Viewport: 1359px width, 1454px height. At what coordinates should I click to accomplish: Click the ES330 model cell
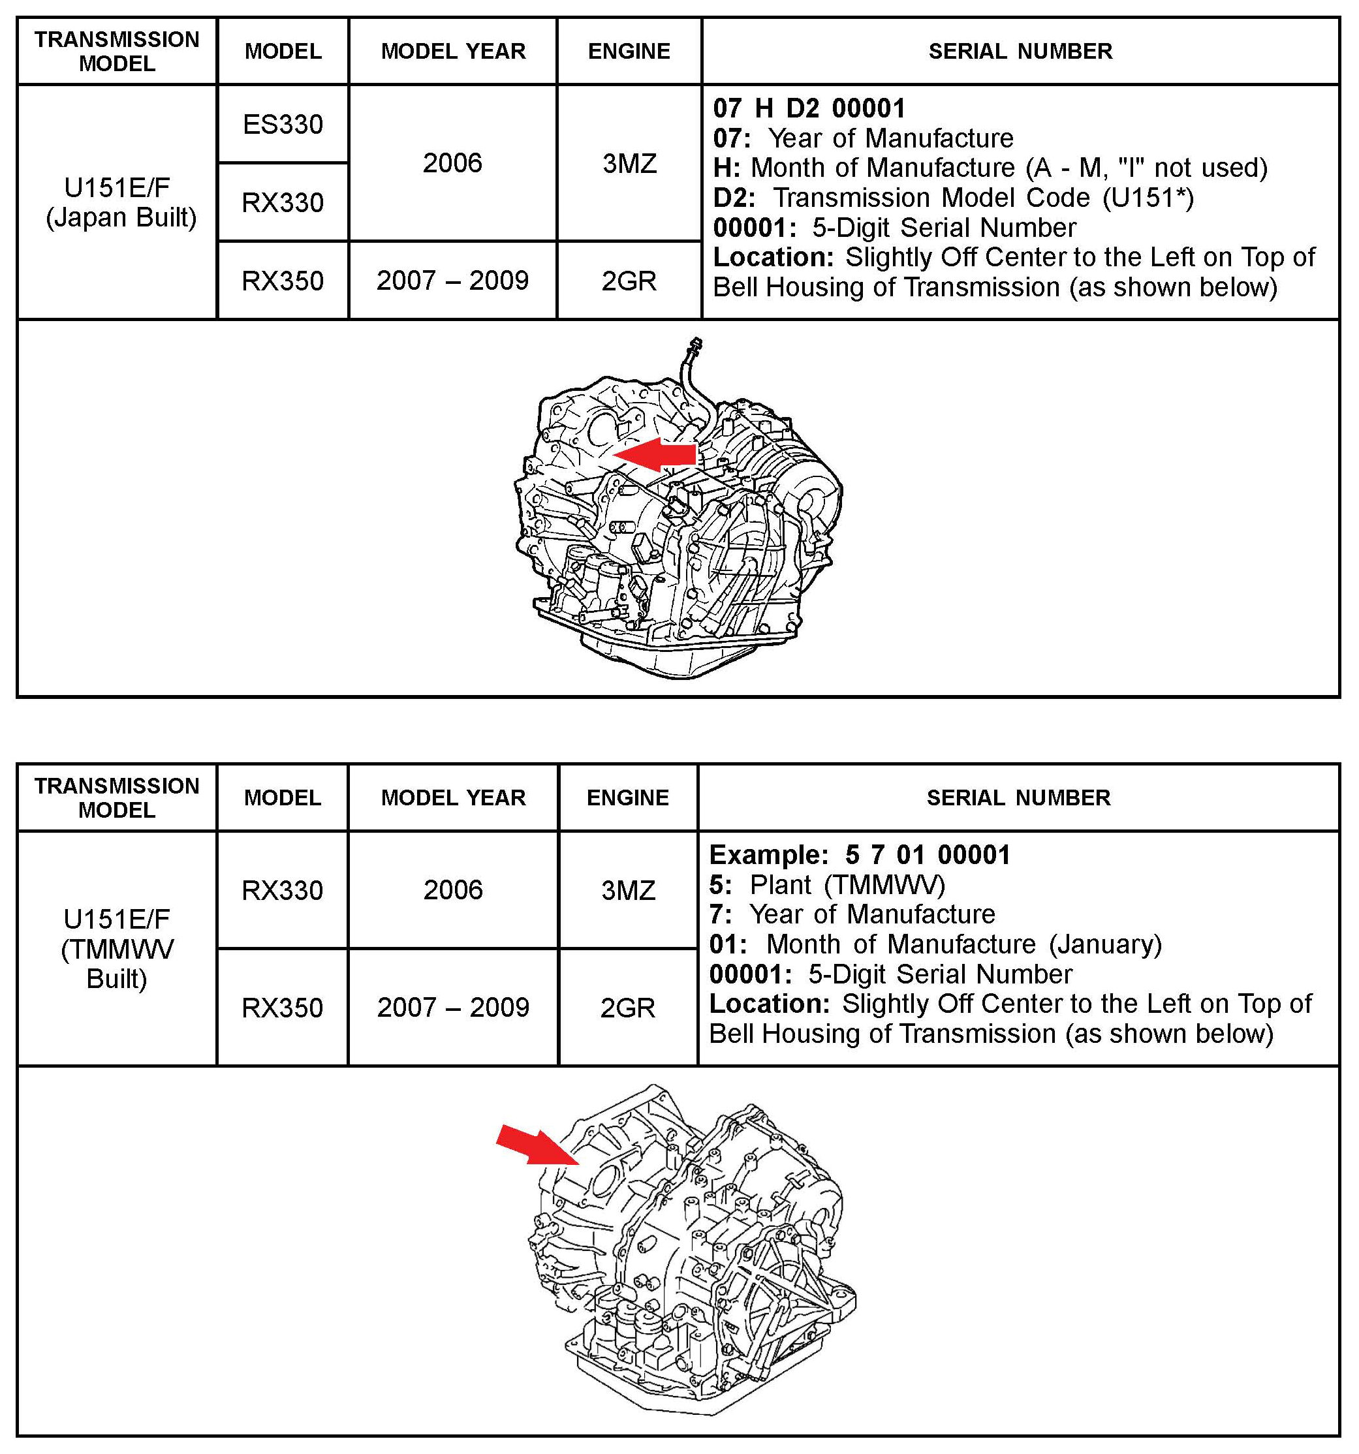[283, 125]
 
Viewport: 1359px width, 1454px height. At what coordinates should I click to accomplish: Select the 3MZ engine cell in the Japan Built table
[629, 163]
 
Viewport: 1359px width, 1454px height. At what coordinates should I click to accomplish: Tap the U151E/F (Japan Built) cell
[117, 202]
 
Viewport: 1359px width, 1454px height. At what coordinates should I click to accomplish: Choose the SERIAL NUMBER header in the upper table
[1020, 51]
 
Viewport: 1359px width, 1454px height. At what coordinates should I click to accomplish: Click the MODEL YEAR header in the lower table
[453, 798]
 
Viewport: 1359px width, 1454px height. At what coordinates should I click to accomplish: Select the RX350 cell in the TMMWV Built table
[283, 1008]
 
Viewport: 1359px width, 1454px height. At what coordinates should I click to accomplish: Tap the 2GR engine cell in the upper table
[629, 281]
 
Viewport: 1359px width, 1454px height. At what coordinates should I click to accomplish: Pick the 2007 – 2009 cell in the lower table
[453, 1008]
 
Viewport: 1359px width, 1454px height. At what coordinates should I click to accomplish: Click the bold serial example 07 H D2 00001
[809, 109]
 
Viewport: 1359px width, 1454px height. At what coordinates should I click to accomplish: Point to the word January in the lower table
[1104, 944]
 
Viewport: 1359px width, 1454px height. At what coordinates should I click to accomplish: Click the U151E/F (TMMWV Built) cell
[117, 949]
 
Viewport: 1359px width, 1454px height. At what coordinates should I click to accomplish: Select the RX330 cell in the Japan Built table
[283, 202]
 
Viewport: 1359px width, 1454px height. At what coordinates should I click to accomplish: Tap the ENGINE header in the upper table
[629, 51]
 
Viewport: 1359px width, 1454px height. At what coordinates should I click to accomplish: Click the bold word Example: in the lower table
[768, 855]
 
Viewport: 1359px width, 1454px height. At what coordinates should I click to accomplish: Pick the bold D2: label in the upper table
[734, 198]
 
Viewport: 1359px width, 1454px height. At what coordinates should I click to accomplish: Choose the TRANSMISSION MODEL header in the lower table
[117, 798]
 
